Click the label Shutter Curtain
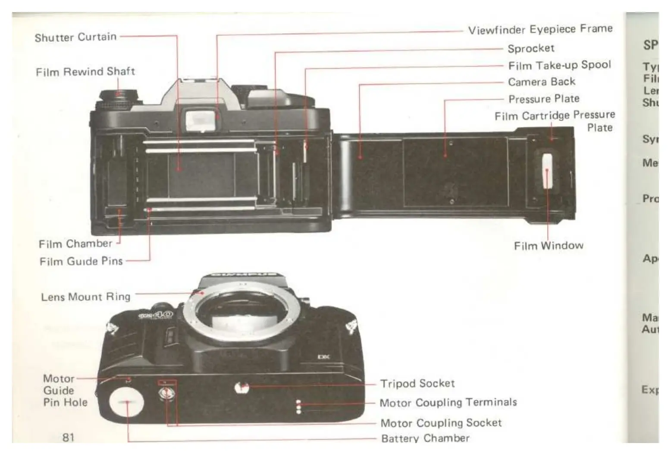point(75,38)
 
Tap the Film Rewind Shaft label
point(85,72)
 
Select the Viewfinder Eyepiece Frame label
point(540,29)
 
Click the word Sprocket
point(531,48)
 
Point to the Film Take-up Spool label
point(559,65)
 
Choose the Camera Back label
point(542,82)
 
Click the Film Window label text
point(549,246)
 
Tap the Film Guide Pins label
point(81,261)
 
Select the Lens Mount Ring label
point(85,297)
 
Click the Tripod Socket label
point(417,383)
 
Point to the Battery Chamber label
point(425,438)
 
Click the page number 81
point(69,437)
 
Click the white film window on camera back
point(547,171)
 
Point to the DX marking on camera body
point(323,357)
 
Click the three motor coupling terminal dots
point(298,406)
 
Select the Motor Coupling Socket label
point(441,423)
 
